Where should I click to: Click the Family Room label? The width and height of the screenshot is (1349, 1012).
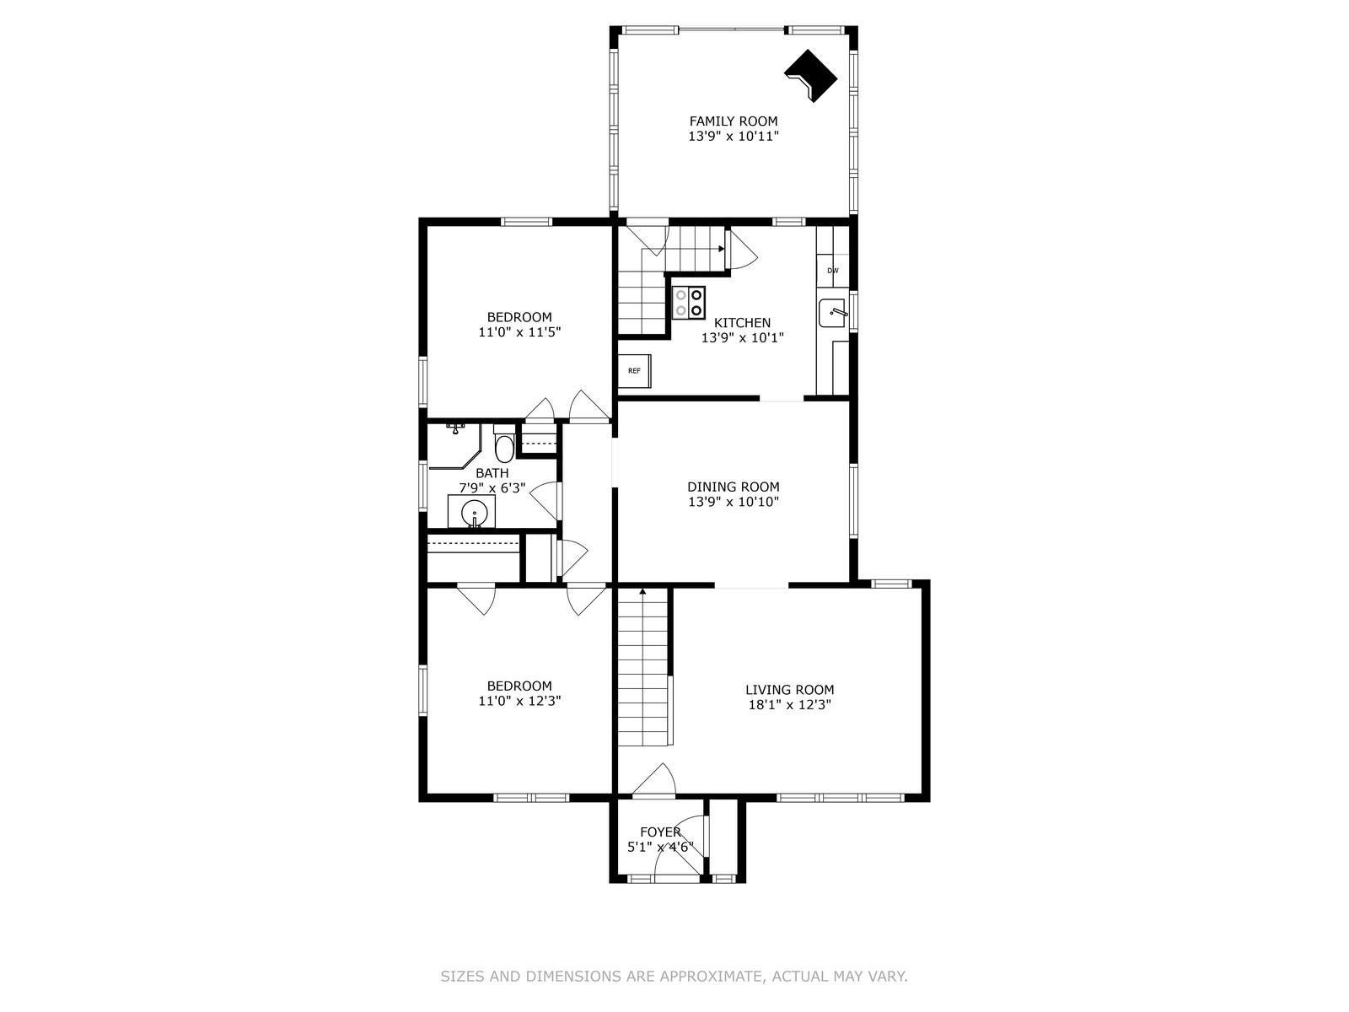point(734,121)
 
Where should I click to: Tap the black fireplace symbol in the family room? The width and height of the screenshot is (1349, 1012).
point(810,77)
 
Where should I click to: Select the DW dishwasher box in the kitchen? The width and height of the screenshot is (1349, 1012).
point(832,271)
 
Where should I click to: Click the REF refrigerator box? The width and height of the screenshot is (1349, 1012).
point(634,371)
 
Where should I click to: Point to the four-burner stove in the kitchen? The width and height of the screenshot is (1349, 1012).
point(689,303)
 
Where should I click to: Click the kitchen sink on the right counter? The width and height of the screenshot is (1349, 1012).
point(834,314)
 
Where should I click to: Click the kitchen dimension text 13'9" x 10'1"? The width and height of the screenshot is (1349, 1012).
point(742,337)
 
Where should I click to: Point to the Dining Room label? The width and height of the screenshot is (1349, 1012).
point(733,487)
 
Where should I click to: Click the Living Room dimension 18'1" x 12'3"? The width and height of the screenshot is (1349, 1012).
point(789,705)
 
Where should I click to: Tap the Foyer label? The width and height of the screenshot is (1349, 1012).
point(660,832)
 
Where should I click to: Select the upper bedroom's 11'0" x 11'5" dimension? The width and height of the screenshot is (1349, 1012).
point(519,332)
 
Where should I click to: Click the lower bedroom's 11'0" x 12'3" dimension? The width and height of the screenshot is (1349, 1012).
point(519,701)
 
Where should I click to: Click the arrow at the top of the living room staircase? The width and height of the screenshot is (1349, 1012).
point(642,592)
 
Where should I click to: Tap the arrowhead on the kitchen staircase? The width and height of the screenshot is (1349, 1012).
point(721,249)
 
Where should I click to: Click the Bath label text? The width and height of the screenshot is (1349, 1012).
point(492,473)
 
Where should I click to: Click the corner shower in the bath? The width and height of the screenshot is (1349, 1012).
point(451,447)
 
